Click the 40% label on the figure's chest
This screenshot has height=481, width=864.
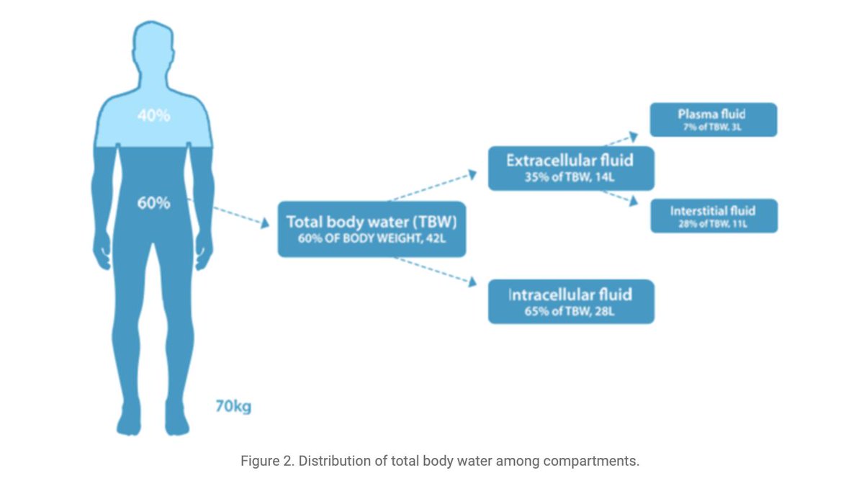coord(153,115)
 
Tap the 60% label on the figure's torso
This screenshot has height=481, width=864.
coord(153,203)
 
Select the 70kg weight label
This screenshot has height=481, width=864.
coord(233,406)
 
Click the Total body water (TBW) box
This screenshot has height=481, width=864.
coord(372,229)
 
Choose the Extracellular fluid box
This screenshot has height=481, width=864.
coord(570,168)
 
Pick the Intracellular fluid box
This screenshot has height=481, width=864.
coord(570,302)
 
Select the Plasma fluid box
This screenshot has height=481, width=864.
coord(713,120)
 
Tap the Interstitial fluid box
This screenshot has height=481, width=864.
coord(713,216)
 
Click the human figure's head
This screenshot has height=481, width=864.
coord(153,54)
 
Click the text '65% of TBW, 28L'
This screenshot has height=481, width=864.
coord(570,313)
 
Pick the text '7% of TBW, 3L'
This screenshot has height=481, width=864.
coord(713,127)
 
